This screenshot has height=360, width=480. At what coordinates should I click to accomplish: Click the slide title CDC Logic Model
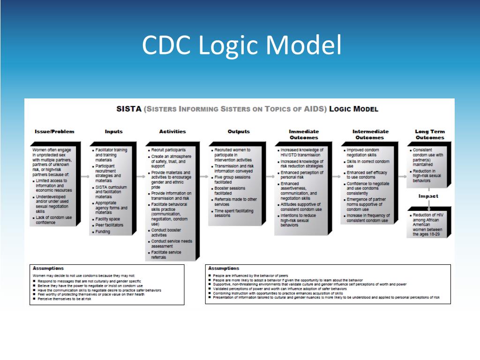click(241, 45)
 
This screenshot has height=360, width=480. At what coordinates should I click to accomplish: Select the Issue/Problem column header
click(54, 132)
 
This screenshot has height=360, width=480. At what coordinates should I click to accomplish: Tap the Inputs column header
click(114, 132)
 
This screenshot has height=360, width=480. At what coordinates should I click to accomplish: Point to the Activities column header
click(172, 132)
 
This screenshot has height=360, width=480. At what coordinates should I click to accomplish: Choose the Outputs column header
click(239, 132)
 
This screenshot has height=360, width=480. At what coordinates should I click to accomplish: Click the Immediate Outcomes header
click(303, 135)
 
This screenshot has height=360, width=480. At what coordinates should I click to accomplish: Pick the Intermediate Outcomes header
click(370, 135)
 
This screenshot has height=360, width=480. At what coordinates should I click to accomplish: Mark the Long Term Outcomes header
click(429, 135)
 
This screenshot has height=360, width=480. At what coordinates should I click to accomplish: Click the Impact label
click(428, 196)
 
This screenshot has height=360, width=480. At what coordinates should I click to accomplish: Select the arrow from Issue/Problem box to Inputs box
click(84, 177)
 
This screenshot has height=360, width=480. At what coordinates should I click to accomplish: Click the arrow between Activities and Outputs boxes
click(203, 177)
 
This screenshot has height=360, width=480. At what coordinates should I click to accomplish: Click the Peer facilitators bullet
click(109, 225)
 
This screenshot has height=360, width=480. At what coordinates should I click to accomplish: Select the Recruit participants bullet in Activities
click(168, 150)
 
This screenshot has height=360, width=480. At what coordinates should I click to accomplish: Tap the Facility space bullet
click(107, 219)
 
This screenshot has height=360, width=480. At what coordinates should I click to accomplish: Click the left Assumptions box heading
click(48, 268)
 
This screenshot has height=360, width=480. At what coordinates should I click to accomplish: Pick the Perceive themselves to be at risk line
click(64, 299)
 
